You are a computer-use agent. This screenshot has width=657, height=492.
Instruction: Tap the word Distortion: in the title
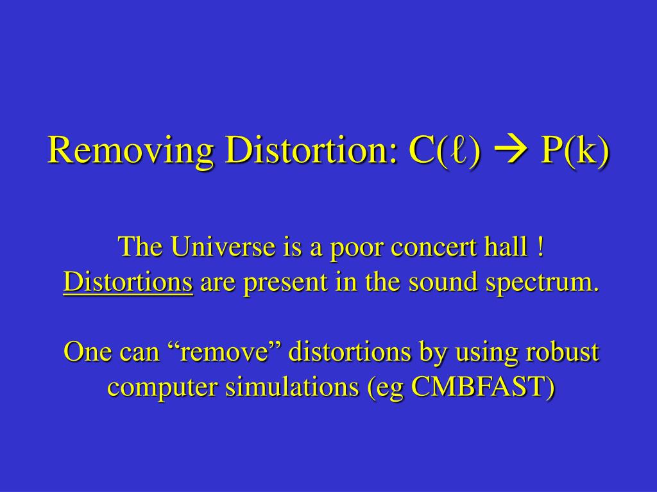(x=311, y=150)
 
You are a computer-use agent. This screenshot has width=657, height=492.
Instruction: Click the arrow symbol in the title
(x=511, y=151)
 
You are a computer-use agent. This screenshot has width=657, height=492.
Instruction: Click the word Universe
(x=222, y=247)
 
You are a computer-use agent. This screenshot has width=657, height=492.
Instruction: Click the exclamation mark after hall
(x=540, y=247)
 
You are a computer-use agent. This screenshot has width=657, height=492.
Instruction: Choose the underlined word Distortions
(x=128, y=282)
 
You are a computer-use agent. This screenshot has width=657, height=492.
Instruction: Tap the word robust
(x=562, y=352)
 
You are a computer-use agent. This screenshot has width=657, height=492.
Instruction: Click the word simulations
(x=292, y=386)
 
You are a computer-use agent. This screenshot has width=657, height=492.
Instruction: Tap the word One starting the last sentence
(x=89, y=352)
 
